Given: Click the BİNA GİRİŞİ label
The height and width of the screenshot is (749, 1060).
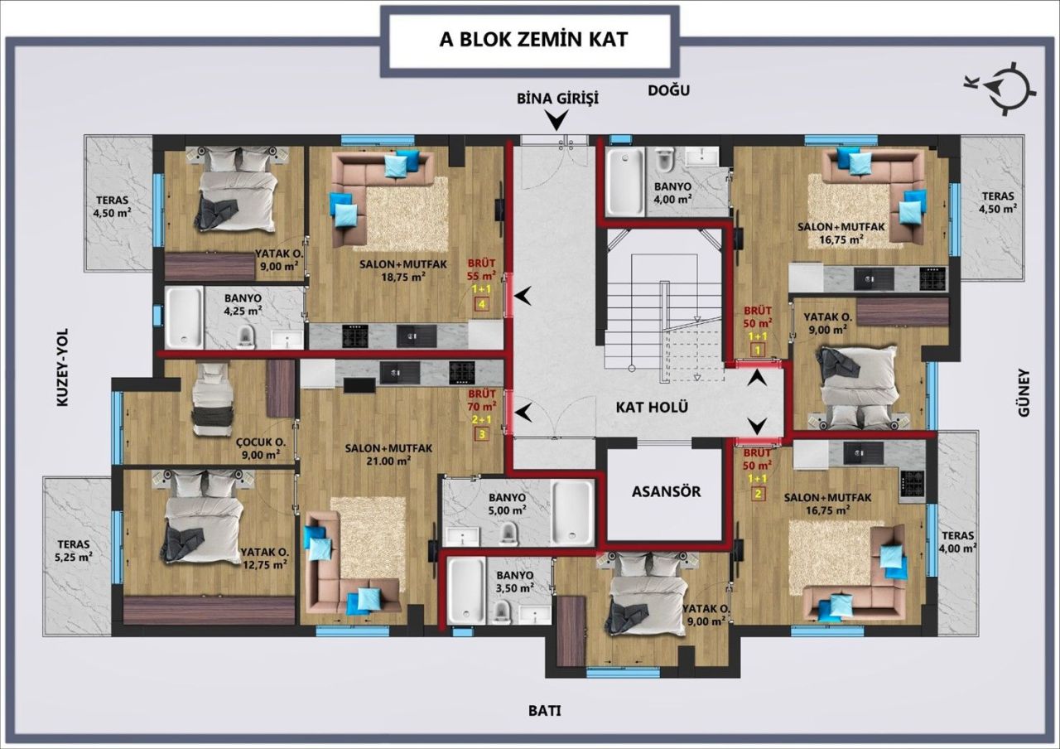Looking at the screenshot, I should point(557,98).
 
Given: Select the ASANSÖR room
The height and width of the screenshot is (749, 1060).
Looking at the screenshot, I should point(666,491).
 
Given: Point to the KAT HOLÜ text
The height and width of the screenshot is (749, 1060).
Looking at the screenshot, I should point(653,407).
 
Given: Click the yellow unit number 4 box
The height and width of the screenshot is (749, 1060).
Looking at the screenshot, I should point(481,304).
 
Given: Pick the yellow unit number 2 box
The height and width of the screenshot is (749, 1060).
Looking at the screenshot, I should point(757,495).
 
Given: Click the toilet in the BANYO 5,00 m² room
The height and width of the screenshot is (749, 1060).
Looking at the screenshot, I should point(510,531).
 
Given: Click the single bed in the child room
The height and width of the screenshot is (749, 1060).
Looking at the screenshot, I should point(205,399).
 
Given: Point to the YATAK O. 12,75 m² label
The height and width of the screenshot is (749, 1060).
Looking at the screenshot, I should point(263,558).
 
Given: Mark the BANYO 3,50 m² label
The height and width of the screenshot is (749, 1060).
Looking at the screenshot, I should point(515,581).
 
